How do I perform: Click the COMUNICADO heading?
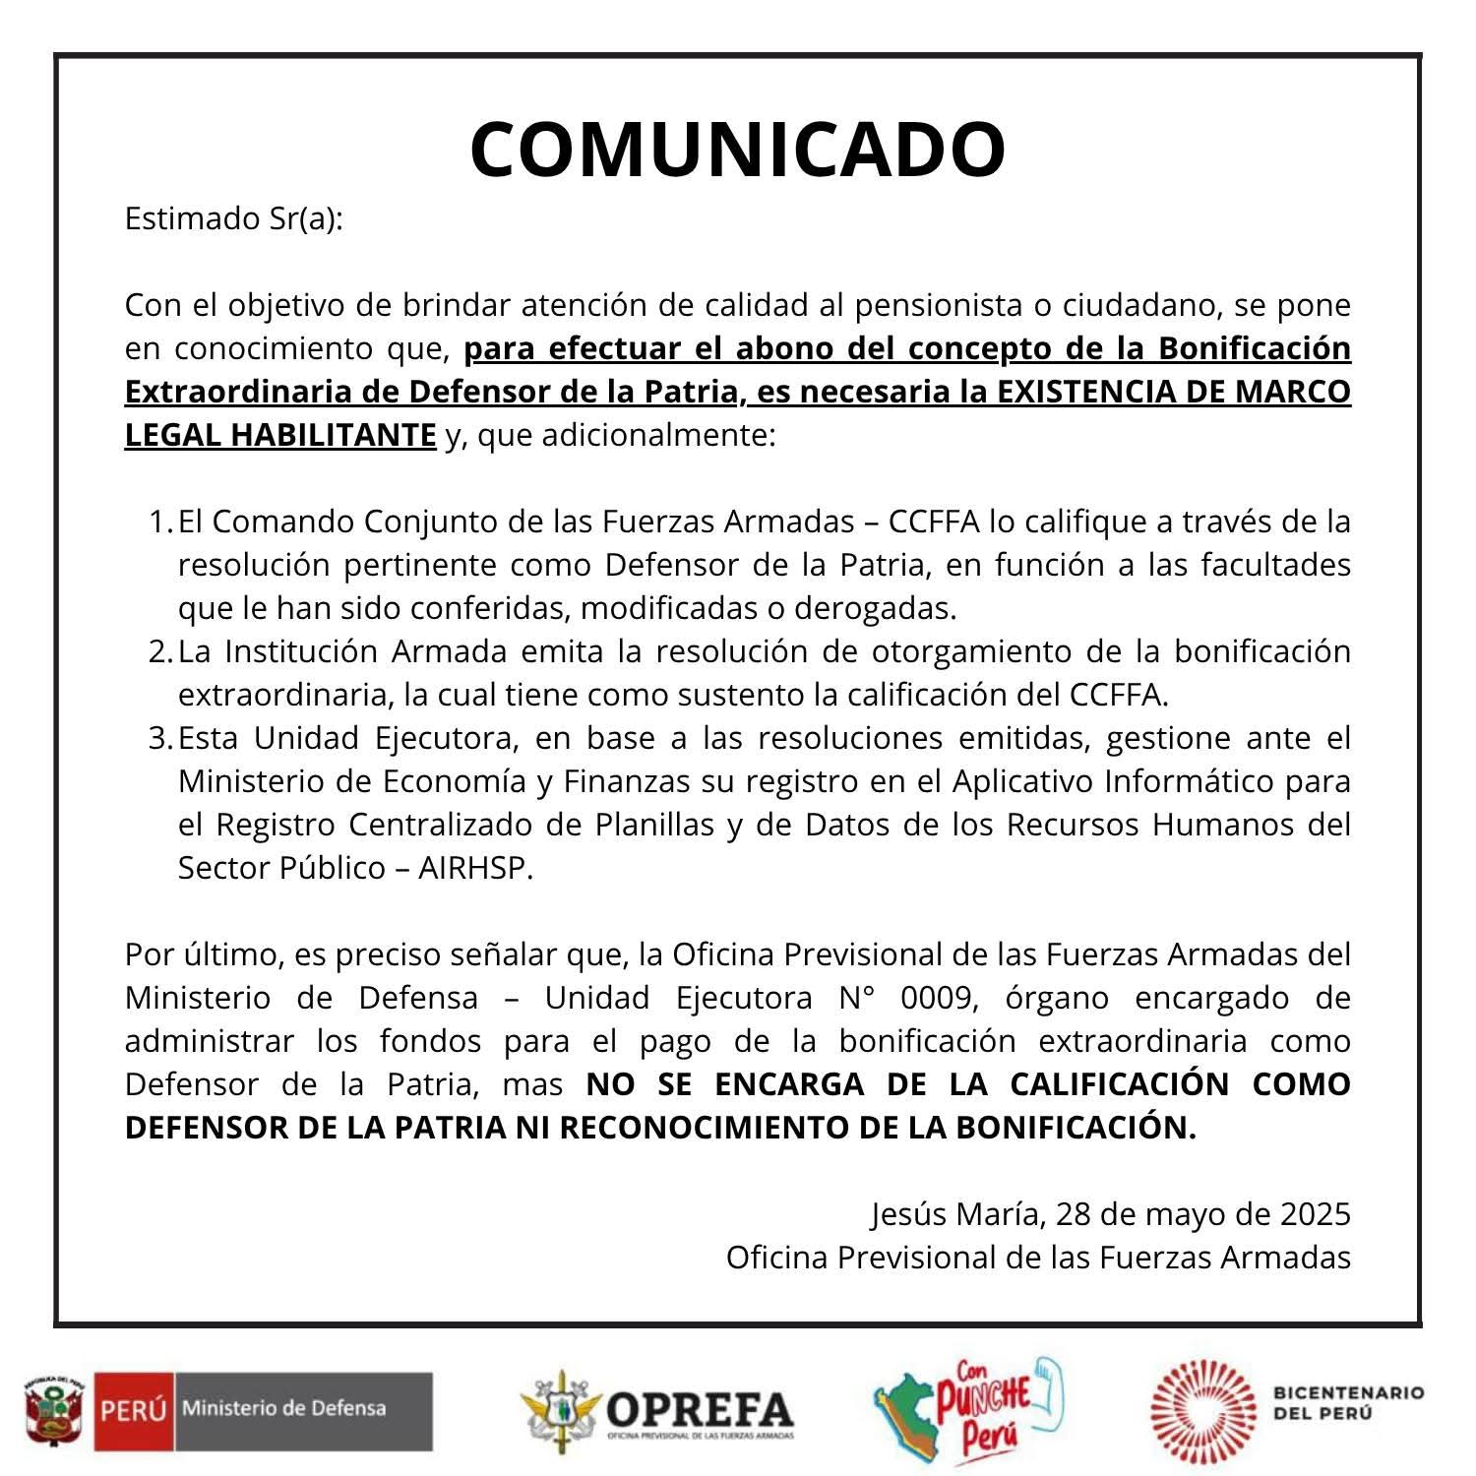737,150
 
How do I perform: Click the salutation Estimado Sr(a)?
234,218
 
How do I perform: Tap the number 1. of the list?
160,522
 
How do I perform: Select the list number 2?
160,651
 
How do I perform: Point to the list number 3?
160,738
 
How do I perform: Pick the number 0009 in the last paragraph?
939,998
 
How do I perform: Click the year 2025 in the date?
1315,1214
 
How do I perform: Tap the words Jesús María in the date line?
955,1214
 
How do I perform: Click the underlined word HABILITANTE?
334,435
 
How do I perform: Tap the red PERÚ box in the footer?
133,1411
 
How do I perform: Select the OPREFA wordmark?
699,1409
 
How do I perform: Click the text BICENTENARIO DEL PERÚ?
1348,1403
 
